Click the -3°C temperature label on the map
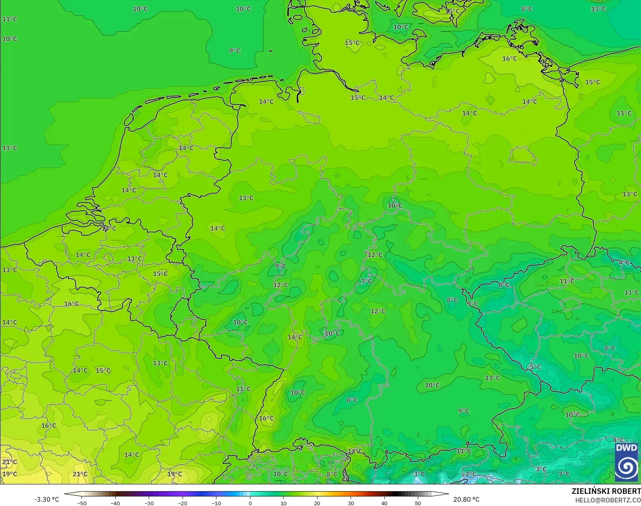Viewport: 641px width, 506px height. pos(418,474)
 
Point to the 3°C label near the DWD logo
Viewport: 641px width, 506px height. pos(541,469)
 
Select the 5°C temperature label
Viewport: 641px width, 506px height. pos(535,367)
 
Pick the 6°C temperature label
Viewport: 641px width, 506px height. pos(504,285)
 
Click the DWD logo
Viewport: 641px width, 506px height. pos(626,463)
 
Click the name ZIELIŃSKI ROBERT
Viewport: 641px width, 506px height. pos(606,491)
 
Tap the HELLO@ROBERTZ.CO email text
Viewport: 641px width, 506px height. pos(608,500)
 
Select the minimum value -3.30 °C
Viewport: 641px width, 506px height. pos(46,499)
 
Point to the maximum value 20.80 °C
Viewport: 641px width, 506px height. pos(466,499)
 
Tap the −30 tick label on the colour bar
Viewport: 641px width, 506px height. pos(149,503)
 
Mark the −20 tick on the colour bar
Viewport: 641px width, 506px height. pos(182,503)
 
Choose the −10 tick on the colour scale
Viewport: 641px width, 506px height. pos(216,503)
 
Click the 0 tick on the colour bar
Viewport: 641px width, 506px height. pos(250,503)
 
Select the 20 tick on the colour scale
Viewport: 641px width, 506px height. pos(317,503)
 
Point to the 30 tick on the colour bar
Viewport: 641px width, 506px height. pos(351,503)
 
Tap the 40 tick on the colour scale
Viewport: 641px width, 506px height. pos(384,503)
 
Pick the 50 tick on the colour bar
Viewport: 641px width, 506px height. pos(418,503)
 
